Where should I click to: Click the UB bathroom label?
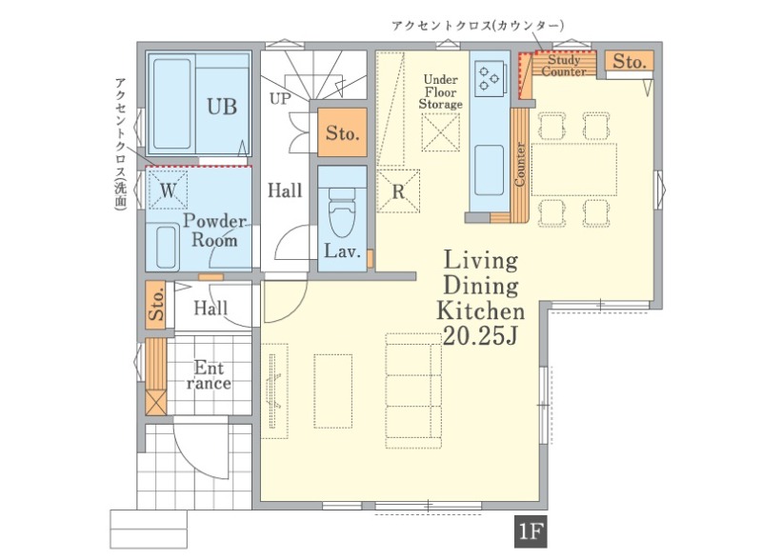click(222, 107)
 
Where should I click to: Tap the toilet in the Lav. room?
click(342, 212)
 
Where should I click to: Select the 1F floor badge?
click(531, 531)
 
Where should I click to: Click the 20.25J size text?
click(480, 336)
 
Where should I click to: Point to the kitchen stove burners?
click(489, 78)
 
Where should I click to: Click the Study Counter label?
click(564, 66)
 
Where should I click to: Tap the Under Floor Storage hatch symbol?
click(440, 132)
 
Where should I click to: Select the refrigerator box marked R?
click(398, 191)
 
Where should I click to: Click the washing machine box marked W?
click(168, 190)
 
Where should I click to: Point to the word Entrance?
click(209, 375)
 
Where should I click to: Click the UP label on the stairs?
click(280, 99)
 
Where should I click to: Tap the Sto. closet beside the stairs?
click(342, 132)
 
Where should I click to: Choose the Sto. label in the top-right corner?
click(630, 62)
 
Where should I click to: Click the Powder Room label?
click(214, 230)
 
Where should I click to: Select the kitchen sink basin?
click(489, 170)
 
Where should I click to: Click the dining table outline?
click(574, 170)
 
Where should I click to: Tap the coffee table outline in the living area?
click(332, 390)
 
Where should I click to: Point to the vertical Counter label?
click(519, 164)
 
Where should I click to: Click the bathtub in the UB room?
click(172, 104)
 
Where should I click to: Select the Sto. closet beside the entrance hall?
click(156, 305)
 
